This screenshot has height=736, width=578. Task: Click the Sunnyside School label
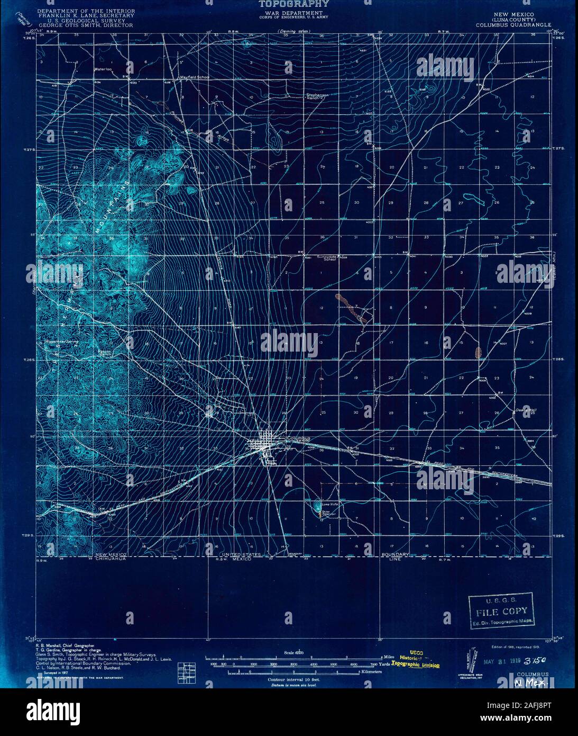(x=326, y=258)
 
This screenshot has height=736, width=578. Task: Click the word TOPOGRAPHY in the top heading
(x=290, y=4)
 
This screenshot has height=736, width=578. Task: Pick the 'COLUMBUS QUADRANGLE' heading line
(x=513, y=24)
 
